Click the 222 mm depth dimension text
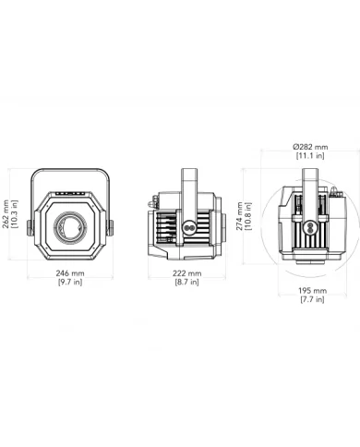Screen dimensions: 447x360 [x=187, y=274]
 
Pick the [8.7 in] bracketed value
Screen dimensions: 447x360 [x=187, y=284]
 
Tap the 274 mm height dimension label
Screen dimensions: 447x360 [x=240, y=218]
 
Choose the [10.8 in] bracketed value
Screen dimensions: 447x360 [x=249, y=218]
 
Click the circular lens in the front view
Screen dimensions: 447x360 [x=69, y=225]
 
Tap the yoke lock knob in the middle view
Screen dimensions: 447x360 [x=189, y=225]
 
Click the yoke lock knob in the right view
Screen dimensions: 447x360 [x=311, y=226]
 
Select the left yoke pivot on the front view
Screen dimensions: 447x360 [x=30, y=225]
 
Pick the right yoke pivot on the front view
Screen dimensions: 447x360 [x=110, y=225]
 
